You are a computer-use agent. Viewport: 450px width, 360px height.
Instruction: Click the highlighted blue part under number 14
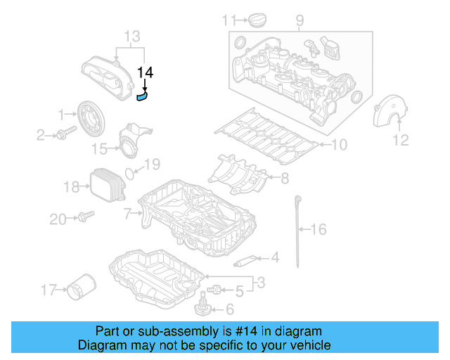[x=143, y=97]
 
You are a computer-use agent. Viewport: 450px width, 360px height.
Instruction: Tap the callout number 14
[x=145, y=72]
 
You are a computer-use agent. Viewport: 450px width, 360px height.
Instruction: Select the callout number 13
[x=132, y=37]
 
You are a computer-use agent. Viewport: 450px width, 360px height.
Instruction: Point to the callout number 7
[x=127, y=212]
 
